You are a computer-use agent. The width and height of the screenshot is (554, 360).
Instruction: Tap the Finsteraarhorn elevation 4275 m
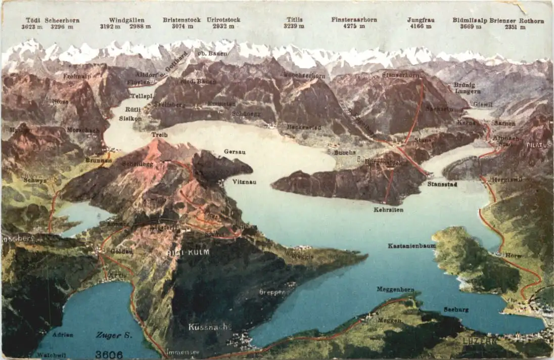pos(354,26)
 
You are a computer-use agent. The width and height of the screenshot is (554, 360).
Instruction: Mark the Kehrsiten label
pos(388,209)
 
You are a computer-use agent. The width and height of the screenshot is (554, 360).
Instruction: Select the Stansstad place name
pos(442,185)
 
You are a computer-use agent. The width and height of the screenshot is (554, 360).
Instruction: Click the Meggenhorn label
pos(395,289)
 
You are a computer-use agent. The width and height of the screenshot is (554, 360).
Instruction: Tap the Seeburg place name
pos(456,309)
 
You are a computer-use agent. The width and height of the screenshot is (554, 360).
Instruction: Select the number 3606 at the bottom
pos(109,354)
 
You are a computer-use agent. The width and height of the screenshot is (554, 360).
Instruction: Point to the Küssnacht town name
pos(209,327)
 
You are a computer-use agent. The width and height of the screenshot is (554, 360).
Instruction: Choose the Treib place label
pos(159,135)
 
